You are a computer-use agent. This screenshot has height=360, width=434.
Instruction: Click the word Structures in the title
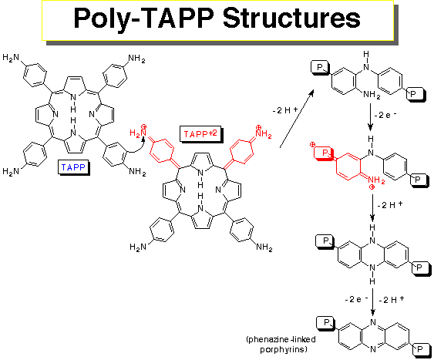click(x=291, y=19)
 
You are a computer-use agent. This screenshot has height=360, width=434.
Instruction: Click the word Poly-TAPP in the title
click(x=143, y=19)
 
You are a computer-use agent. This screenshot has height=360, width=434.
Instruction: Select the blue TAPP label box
click(x=73, y=167)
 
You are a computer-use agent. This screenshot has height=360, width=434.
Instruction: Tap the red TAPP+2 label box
click(x=200, y=134)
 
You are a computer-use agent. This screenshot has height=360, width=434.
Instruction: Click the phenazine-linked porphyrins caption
click(x=281, y=345)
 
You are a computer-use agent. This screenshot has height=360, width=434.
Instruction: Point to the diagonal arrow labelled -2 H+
click(x=297, y=119)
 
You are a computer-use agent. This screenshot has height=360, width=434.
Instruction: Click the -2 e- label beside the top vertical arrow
click(x=385, y=115)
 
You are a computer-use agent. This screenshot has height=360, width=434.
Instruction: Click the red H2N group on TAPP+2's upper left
click(x=138, y=133)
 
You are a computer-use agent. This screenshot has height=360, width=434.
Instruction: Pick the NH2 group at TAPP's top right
click(x=136, y=59)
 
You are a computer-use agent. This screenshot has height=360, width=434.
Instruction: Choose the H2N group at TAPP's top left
click(x=11, y=58)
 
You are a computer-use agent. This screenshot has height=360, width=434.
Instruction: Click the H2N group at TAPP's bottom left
click(x=11, y=171)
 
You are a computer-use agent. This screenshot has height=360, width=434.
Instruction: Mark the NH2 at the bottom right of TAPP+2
click(x=264, y=247)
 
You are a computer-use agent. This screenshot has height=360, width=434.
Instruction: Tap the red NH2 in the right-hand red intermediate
click(x=377, y=181)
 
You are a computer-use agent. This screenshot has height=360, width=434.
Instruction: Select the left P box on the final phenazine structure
click(x=326, y=323)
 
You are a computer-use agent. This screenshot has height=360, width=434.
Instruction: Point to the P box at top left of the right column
click(x=320, y=67)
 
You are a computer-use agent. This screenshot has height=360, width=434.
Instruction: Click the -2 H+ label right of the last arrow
click(x=392, y=299)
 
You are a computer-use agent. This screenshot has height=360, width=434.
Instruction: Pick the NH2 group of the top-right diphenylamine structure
click(x=372, y=95)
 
